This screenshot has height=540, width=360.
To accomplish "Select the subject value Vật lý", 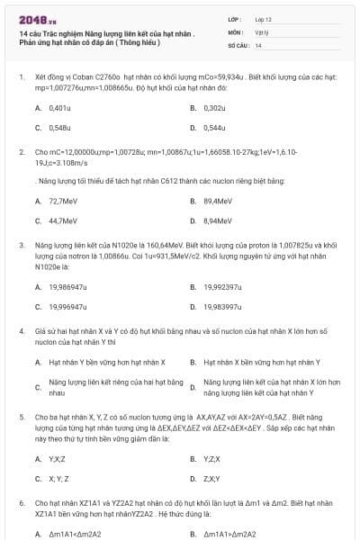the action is pos(261,31).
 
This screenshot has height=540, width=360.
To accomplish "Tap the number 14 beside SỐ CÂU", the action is pos(258,44).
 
